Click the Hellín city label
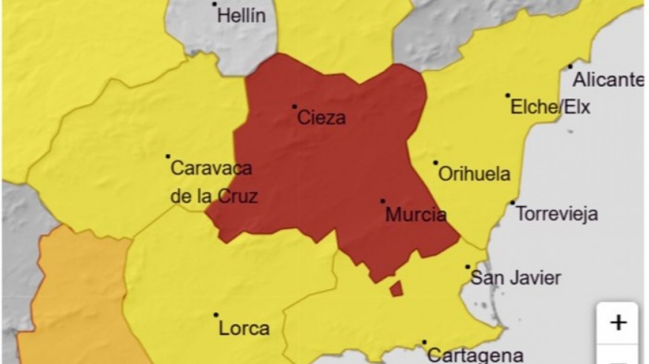click(x=241, y=16)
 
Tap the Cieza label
click(x=322, y=118)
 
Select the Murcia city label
click(x=416, y=216)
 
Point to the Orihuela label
click(x=474, y=174)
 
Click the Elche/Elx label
click(x=550, y=107)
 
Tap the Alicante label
click(x=609, y=80)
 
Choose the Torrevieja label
click(x=556, y=215)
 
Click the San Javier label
click(x=516, y=279)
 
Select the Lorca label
click(x=244, y=328)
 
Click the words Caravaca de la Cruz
click(x=214, y=182)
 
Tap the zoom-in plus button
click(x=618, y=322)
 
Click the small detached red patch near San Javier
click(x=397, y=288)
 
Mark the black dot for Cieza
click(x=294, y=107)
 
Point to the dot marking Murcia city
click(x=383, y=201)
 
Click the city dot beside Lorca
click(x=216, y=314)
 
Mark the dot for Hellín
click(x=215, y=4)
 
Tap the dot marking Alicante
click(x=570, y=67)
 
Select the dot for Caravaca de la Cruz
click(x=168, y=156)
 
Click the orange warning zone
click(x=71, y=297)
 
